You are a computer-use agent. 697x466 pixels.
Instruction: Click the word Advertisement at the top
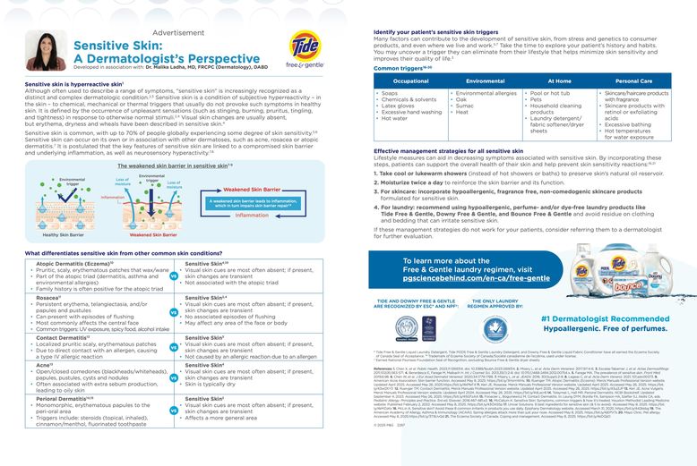point(178,32)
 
